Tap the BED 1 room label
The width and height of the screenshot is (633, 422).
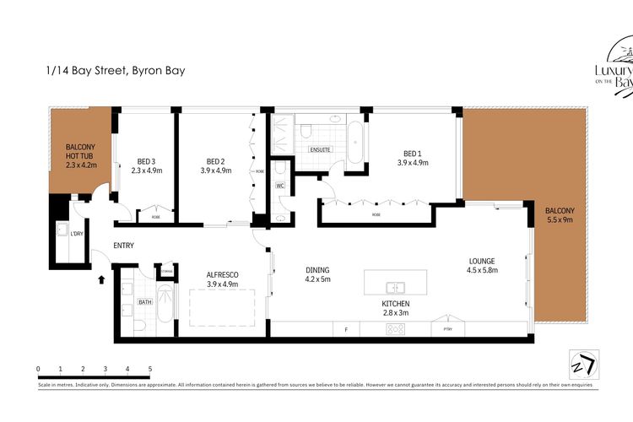413,154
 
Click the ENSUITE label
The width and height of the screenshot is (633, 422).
320,149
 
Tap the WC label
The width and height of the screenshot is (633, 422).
280,186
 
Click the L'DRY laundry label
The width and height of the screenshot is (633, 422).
77,234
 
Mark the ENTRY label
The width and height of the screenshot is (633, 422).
123,246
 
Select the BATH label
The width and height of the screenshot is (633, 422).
145,301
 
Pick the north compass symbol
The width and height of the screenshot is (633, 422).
582,363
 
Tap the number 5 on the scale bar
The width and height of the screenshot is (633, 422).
150,370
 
